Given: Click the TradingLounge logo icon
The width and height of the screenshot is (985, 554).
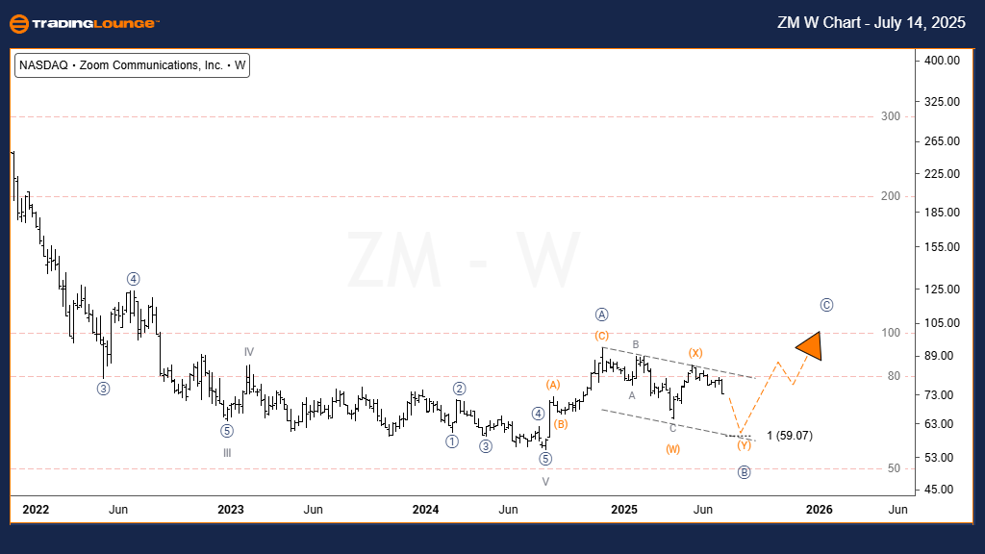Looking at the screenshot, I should [x=20, y=23].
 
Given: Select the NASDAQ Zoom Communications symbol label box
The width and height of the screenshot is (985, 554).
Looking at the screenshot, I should [x=133, y=66].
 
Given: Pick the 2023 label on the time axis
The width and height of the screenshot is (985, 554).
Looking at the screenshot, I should [x=230, y=509].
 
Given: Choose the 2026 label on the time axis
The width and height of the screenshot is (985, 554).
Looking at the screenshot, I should [x=819, y=509].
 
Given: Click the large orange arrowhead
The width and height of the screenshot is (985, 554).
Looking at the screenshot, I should [x=810, y=346].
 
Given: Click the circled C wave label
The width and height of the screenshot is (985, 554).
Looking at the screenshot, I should [x=826, y=305].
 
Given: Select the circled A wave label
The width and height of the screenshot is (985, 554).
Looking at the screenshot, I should [x=601, y=315].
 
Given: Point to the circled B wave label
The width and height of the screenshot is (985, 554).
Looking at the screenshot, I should [x=744, y=472].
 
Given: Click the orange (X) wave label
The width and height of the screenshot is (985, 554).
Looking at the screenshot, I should [x=695, y=353].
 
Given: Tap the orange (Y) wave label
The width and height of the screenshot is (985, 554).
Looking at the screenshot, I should [x=744, y=445].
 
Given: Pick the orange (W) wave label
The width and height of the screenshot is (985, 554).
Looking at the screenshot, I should [x=672, y=449].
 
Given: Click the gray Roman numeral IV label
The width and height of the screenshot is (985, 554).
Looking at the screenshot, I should [x=248, y=352].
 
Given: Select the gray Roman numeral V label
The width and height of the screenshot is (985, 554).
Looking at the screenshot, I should [x=545, y=481].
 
